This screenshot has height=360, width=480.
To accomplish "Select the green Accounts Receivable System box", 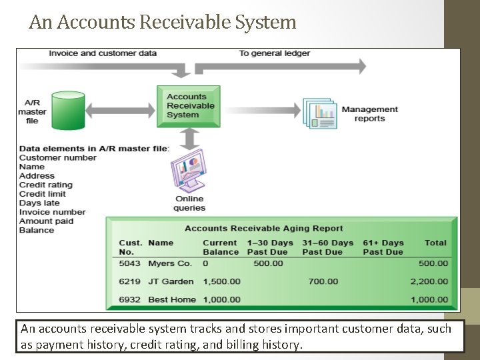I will click(190, 106).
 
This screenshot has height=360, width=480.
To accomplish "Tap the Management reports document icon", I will click(319, 114).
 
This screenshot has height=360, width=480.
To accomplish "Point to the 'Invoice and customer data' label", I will click(103, 53).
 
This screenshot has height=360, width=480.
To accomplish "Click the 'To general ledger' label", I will click(274, 53).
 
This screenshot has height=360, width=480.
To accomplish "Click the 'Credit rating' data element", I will click(46, 185).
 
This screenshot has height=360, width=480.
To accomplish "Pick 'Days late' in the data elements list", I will click(39, 203).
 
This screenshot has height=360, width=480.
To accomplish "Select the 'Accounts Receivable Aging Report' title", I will click(264, 228).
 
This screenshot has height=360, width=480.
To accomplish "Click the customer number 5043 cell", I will click(130, 263).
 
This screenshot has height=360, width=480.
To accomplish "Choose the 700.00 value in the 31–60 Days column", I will click(323, 281).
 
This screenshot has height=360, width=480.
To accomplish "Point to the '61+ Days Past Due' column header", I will click(383, 247).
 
